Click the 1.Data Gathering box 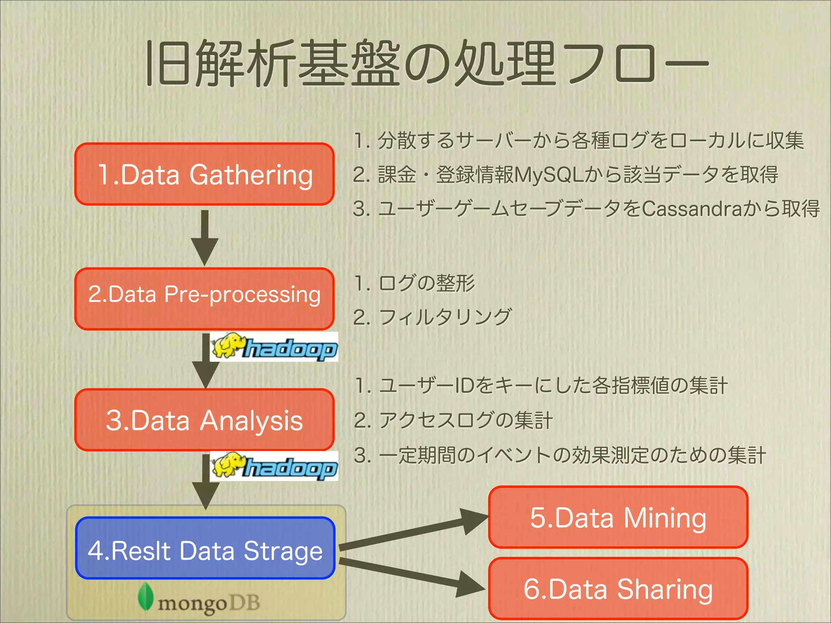(x=205, y=174)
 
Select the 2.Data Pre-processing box (x=205, y=299)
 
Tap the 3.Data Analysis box (x=205, y=420)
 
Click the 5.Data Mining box (x=618, y=518)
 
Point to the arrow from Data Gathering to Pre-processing (x=205, y=237)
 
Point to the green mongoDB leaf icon (x=145, y=596)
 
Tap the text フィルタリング (x=445, y=317)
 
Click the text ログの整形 (x=426, y=283)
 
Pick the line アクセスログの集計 (x=465, y=420)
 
